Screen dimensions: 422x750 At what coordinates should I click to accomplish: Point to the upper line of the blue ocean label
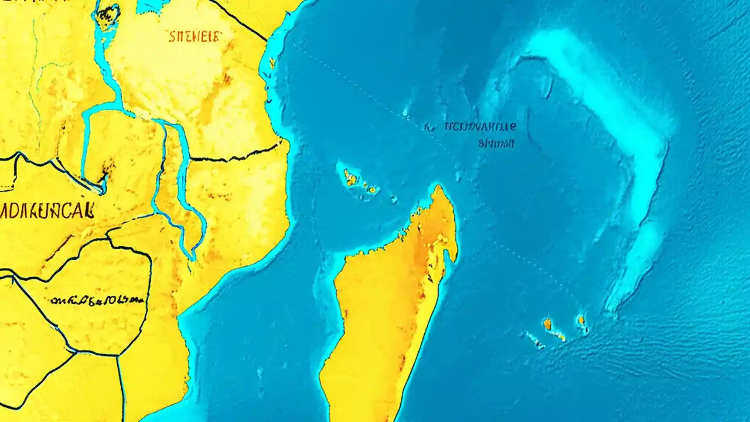[480, 126]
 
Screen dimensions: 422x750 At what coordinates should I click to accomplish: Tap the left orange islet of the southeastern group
[547, 324]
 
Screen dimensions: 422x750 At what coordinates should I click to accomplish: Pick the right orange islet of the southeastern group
[581, 320]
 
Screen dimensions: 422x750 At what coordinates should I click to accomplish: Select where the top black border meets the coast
[266, 40]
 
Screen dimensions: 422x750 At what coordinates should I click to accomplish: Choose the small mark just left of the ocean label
[428, 125]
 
